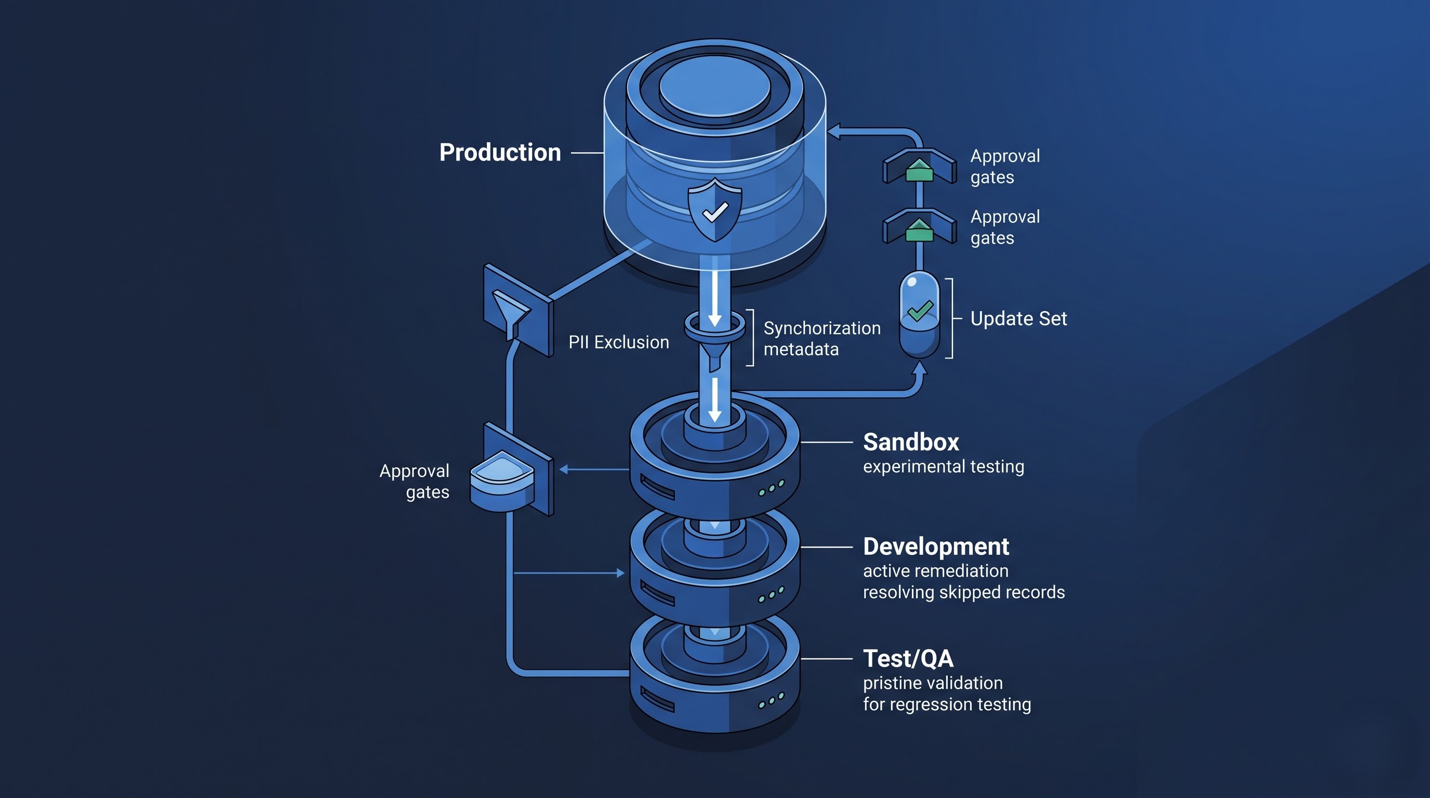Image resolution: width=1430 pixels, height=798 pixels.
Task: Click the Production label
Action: coord(500,152)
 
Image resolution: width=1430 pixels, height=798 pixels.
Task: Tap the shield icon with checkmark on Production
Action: coord(715,210)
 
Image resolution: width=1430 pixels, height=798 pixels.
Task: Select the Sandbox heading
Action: coord(911,442)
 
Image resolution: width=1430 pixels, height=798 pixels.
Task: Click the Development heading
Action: coord(936,547)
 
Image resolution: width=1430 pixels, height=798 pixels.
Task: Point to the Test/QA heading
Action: coord(908,659)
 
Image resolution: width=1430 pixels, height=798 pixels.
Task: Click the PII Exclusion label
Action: coord(618,342)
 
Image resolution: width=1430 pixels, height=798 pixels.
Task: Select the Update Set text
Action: coord(1018,318)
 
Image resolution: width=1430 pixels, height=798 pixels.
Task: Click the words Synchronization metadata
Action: coord(822,339)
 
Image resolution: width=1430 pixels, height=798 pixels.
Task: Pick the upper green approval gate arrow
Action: coord(919,169)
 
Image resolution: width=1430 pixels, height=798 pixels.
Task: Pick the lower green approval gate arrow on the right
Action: coord(919,230)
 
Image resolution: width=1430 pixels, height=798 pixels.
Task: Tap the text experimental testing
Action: coord(944,467)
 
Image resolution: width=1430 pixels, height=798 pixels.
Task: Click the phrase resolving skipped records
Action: coord(964,592)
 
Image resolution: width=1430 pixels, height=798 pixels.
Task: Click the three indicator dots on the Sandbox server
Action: coord(772,488)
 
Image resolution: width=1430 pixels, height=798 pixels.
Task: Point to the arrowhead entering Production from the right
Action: coord(834,132)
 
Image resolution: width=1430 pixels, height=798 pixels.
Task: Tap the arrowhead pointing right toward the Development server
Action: coord(620,573)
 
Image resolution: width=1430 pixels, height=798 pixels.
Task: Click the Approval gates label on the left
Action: coord(414,481)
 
